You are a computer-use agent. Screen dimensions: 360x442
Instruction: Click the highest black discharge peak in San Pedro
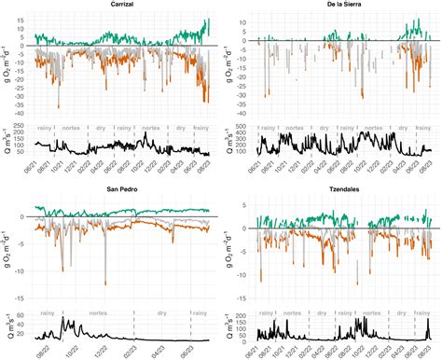[x=62, y=319]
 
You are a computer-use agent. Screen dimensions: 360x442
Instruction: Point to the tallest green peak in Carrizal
[x=208, y=20]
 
